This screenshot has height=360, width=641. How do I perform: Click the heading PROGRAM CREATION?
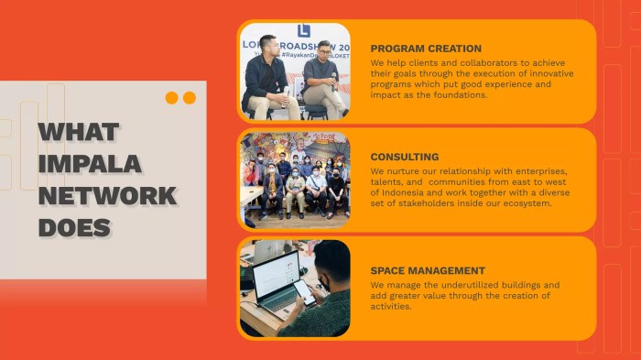(426, 49)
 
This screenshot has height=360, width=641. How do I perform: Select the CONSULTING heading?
(404, 157)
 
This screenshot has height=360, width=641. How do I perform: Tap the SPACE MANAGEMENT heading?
(428, 270)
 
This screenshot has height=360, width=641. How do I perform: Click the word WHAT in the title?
(79, 132)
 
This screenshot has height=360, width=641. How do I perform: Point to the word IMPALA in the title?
(90, 164)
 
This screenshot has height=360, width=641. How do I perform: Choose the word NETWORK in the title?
(107, 195)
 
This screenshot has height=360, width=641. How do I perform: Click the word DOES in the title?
(74, 227)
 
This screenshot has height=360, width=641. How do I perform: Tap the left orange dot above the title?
(171, 98)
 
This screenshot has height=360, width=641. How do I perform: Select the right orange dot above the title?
(190, 98)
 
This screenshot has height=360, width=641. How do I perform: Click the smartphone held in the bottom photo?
(305, 292)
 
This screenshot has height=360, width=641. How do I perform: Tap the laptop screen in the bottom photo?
(276, 276)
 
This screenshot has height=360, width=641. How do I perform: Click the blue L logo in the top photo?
(304, 30)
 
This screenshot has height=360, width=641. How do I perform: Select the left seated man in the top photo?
(266, 78)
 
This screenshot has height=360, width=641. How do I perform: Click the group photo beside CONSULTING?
(295, 179)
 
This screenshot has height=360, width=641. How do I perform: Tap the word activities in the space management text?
(391, 307)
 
